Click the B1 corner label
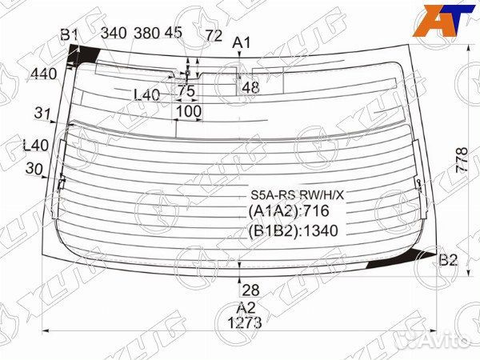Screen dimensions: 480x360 coord(70,34)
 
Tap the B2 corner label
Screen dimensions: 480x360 coord(448,260)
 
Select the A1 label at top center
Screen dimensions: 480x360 coord(242,42)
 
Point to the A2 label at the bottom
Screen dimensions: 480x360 coord(246,308)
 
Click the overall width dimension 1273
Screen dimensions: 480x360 coord(245,322)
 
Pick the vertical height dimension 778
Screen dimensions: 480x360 coord(462,161)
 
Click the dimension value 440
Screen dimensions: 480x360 coord(44,74)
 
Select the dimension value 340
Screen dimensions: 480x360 coord(114,33)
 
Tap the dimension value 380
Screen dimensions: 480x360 coord(146,33)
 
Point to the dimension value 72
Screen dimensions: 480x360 coord(214,35)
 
